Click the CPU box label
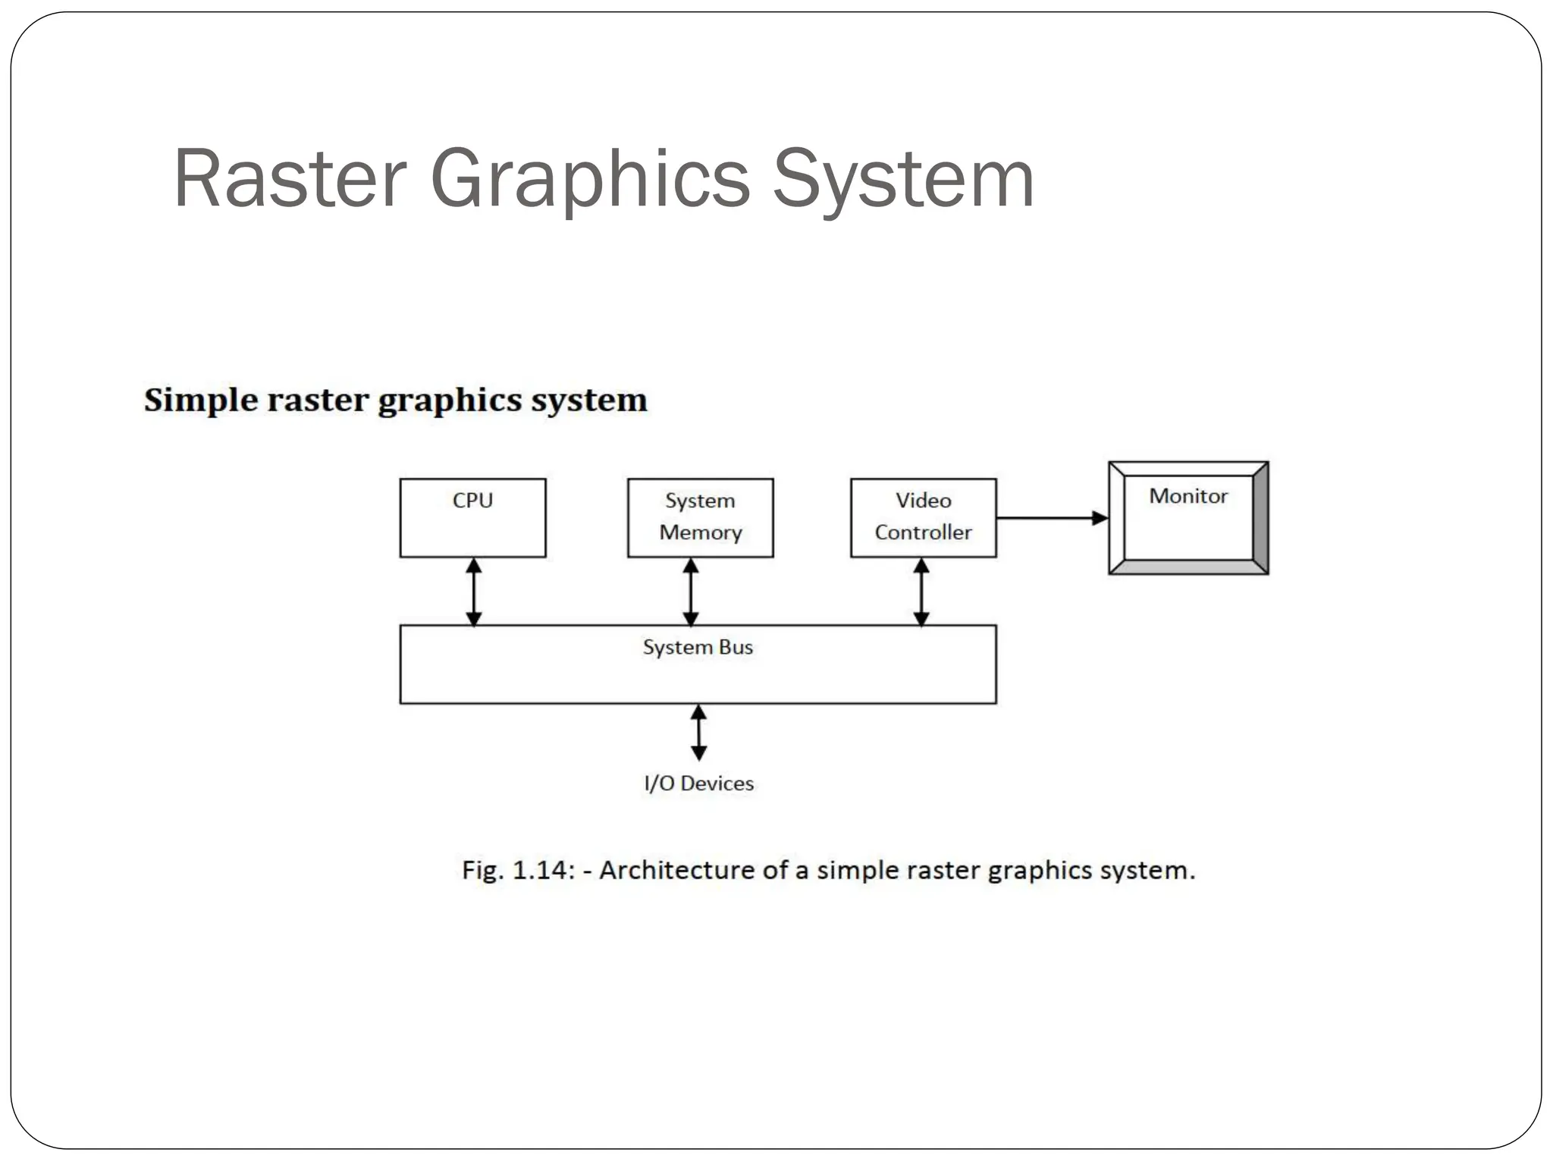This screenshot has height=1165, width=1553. [472, 501]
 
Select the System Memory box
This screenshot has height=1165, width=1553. [700, 517]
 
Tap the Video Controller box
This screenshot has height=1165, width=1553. [923, 517]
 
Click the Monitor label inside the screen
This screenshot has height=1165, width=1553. [1187, 496]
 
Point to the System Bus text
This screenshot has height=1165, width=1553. [698, 647]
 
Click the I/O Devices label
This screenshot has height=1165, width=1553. [698, 783]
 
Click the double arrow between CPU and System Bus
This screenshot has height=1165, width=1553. [473, 592]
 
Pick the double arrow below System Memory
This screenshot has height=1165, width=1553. [691, 592]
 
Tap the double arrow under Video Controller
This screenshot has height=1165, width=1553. [921, 592]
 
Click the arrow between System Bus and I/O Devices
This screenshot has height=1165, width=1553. [699, 733]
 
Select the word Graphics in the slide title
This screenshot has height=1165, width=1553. [590, 179]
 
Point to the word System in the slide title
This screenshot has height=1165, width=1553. [903, 179]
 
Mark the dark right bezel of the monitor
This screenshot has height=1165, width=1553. [1260, 518]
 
